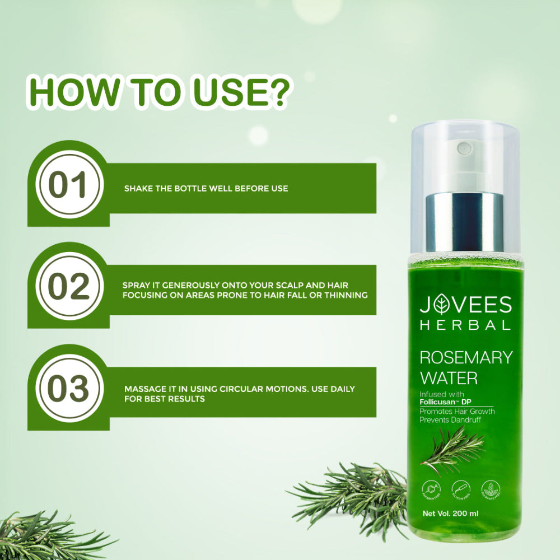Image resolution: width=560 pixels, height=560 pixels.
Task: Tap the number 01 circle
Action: click(68, 185)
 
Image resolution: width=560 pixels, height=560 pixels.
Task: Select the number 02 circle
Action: click(68, 287)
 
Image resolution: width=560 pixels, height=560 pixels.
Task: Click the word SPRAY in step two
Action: click(136, 286)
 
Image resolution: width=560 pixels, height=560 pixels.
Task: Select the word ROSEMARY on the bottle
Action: click(466, 358)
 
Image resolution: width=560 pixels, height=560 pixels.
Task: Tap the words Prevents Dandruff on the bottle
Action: click(450, 419)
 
